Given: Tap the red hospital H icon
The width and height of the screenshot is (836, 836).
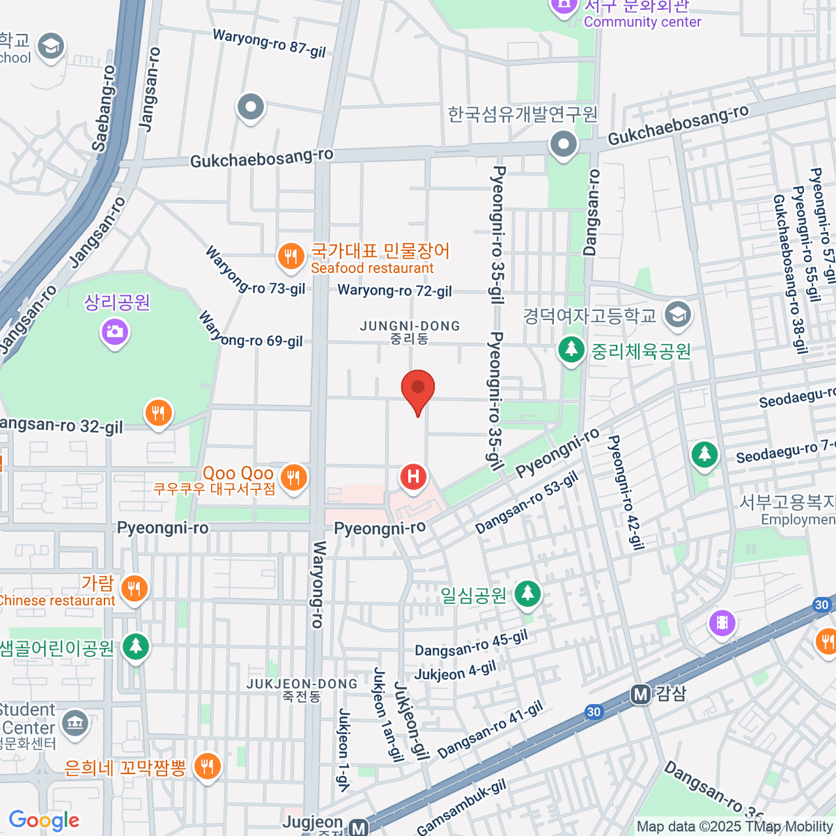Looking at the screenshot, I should tap(413, 477).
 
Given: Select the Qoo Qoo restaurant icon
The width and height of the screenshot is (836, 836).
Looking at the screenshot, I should tap(293, 478).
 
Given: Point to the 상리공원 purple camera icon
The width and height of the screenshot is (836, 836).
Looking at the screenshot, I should tap(116, 330).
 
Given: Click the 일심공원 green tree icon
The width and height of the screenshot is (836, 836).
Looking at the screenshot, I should tap(527, 594).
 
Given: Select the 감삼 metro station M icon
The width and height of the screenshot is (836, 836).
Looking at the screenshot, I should tap(640, 694).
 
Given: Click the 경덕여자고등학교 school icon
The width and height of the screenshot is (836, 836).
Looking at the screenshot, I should tap(676, 315).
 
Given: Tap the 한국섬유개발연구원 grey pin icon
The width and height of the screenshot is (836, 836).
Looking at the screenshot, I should tap(564, 145).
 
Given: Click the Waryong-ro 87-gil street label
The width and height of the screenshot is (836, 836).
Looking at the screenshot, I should tap(269, 42).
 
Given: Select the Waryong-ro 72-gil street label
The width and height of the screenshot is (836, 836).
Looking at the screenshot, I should tap(395, 291).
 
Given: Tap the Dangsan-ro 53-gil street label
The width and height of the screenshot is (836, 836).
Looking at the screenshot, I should tap(527, 503).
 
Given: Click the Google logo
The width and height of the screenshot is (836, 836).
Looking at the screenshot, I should tap(45, 821).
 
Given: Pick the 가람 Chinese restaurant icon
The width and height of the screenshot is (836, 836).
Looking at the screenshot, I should tap(134, 589).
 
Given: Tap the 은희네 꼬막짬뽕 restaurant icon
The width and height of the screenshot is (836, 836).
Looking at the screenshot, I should tap(207, 766).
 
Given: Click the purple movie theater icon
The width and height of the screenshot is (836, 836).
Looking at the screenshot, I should tap(722, 622).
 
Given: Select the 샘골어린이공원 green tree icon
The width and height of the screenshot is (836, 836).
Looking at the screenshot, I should tap(136, 647).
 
